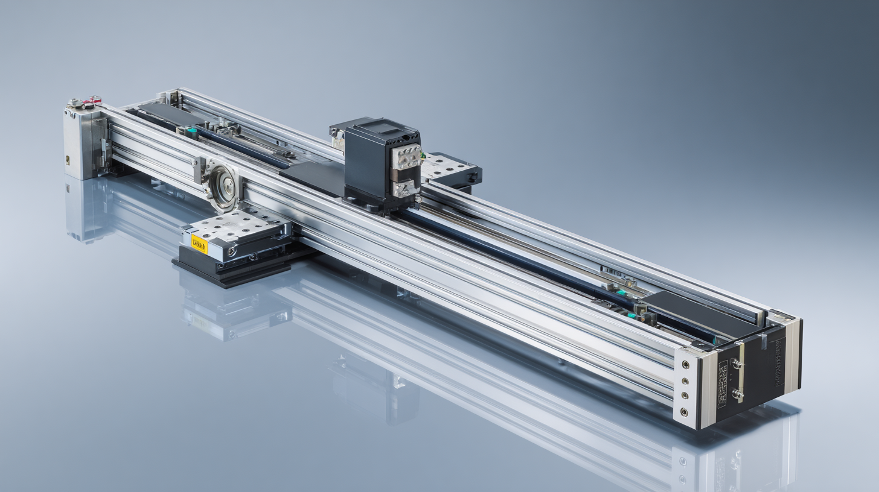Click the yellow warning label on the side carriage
tap(199, 244)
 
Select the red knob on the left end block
tap(95, 98)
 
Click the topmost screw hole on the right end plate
tap(684, 365)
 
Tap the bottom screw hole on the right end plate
tap(684, 412)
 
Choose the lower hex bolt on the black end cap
tap(737, 393)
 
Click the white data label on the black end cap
tap(723, 376)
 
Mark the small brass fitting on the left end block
tap(68, 160)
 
